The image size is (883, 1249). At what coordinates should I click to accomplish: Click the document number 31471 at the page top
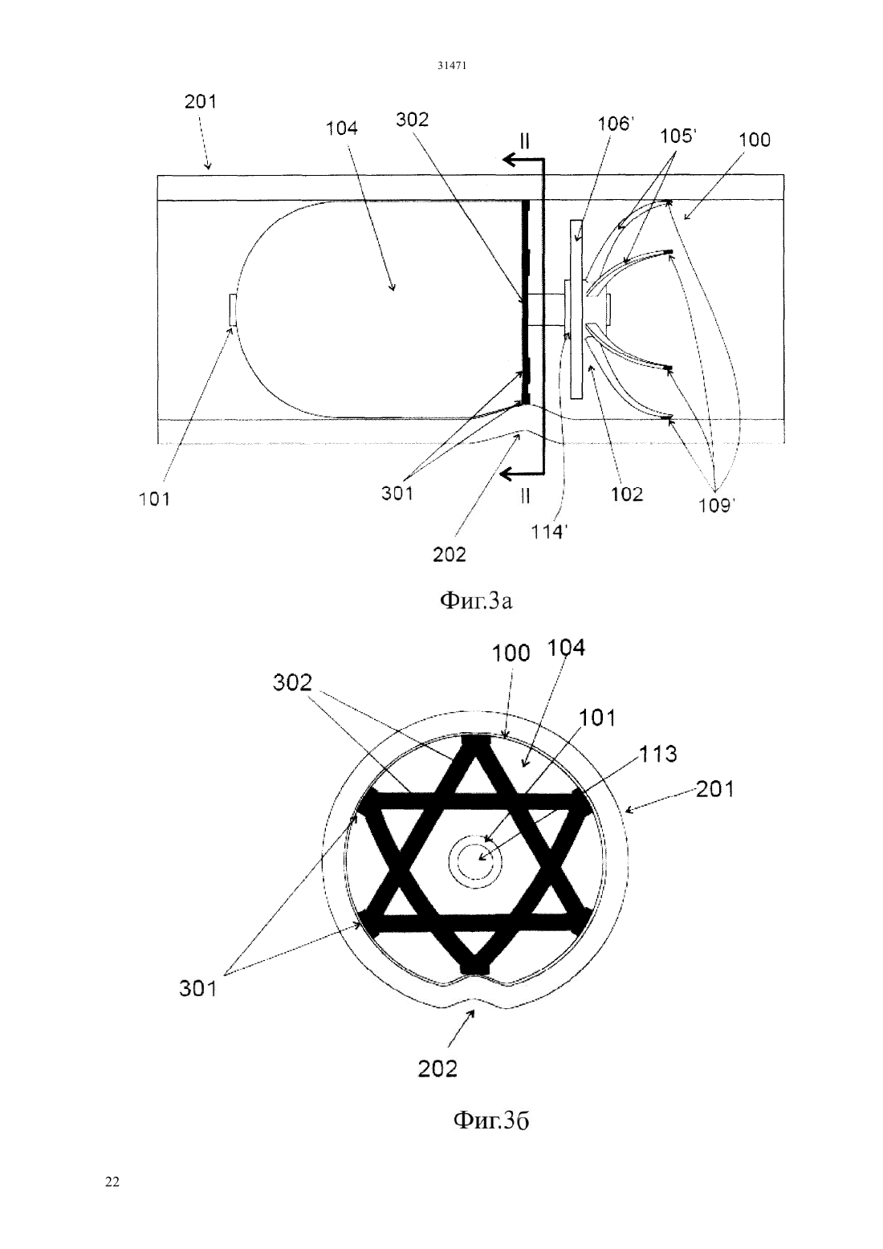coord(451,66)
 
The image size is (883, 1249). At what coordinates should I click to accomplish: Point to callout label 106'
coord(616,124)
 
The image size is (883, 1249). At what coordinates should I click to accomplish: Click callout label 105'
coord(678,136)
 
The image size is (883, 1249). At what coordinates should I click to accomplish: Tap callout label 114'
coord(548,532)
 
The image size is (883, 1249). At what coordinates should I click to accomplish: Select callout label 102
coord(627,494)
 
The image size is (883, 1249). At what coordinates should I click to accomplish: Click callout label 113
coord(657,754)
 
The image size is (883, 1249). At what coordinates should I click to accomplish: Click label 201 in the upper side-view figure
coord(201,101)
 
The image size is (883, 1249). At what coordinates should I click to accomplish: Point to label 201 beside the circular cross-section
coord(715,789)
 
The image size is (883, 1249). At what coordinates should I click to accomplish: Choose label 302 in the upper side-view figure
coord(412,120)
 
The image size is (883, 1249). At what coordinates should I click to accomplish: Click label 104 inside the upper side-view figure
coord(341,128)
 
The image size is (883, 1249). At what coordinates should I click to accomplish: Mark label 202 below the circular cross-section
coord(437,1068)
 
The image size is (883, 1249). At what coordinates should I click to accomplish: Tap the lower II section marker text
coord(524,495)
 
